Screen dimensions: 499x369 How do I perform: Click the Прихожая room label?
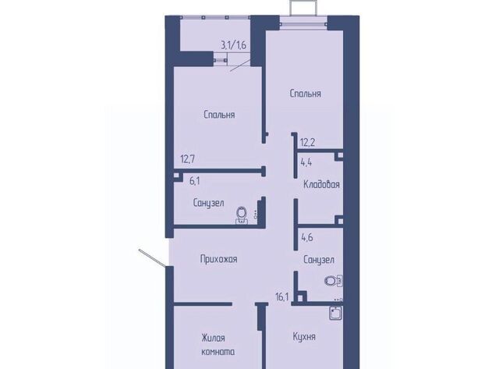coord(218,259)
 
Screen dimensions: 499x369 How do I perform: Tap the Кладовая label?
coord(321,184)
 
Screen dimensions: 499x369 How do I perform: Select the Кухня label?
coord(304,337)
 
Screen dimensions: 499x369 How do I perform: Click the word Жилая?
coord(213,338)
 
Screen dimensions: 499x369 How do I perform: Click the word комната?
coord(218,352)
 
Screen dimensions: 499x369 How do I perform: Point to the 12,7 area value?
coord(188,159)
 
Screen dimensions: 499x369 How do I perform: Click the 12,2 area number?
coord(307,142)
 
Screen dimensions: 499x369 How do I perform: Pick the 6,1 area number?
coord(194,181)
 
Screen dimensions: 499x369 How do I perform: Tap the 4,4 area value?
coord(306,163)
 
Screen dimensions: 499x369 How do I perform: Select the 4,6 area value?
coord(307,237)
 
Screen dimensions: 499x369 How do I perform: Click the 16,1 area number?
coord(282,297)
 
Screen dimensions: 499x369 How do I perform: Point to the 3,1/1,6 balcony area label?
coord(234,45)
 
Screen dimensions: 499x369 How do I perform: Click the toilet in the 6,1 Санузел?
coord(242,215)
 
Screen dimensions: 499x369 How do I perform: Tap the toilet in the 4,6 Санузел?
coord(334,281)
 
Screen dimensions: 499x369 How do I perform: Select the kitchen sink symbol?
coord(336,313)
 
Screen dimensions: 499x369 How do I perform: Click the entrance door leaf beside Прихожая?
coord(152,257)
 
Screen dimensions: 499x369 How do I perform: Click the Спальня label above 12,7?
coord(219,115)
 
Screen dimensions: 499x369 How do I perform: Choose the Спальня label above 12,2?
coord(306,94)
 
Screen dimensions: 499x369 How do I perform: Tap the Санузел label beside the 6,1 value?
coord(208,203)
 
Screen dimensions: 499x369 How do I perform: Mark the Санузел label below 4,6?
coord(319,260)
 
